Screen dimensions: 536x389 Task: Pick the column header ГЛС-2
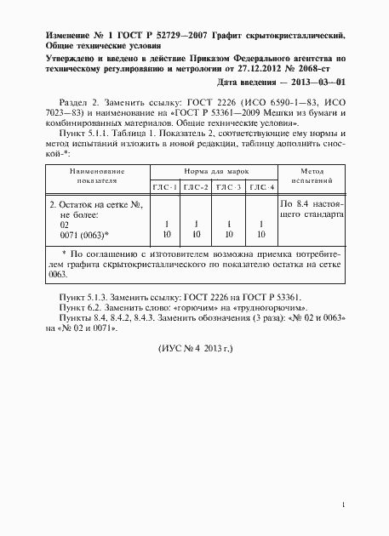(197, 186)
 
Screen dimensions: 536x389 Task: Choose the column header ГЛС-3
(228, 186)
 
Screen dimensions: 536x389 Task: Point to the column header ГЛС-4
(260, 186)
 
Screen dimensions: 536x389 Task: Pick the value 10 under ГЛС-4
(260, 233)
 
